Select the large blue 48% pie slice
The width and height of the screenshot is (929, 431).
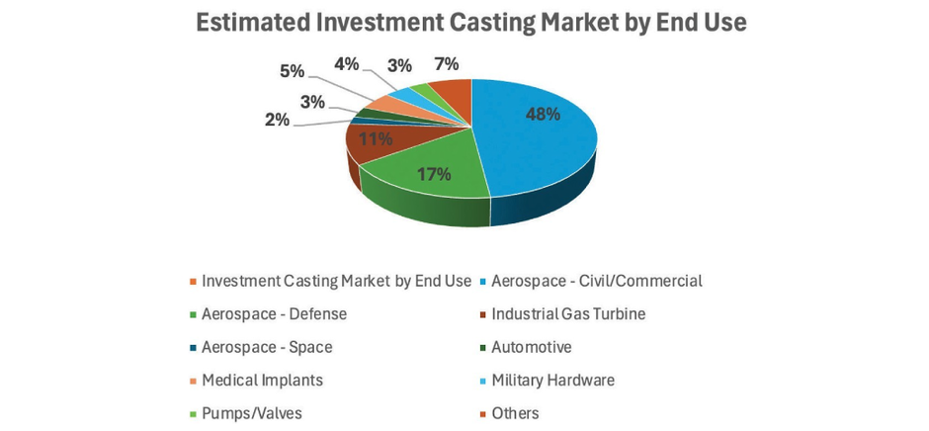(539, 138)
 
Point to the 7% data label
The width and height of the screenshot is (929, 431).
(447, 64)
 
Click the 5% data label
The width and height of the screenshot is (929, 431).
(292, 71)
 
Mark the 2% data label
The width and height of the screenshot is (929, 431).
(277, 120)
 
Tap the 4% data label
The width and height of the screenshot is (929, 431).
(347, 64)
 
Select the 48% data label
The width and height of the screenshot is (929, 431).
(542, 114)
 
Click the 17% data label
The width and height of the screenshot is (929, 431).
(433, 174)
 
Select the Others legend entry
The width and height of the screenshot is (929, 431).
(515, 413)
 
